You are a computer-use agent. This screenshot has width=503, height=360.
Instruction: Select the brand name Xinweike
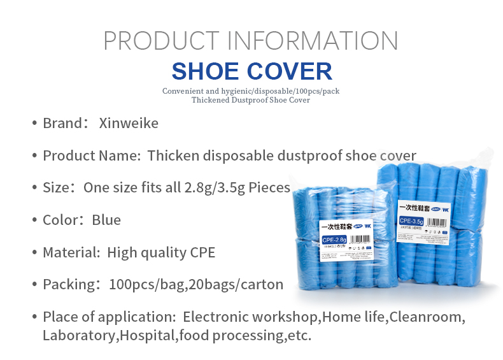click(129, 123)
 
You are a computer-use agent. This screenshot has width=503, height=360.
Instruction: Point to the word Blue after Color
click(106, 220)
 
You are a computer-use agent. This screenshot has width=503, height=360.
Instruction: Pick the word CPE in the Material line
click(202, 252)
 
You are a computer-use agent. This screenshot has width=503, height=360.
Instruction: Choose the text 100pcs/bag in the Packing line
click(140, 284)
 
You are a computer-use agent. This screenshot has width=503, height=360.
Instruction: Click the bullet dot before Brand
click(34, 123)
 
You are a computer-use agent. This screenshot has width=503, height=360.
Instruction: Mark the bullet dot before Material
click(34, 252)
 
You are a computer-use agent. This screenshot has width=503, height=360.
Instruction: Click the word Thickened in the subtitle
click(213, 100)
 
